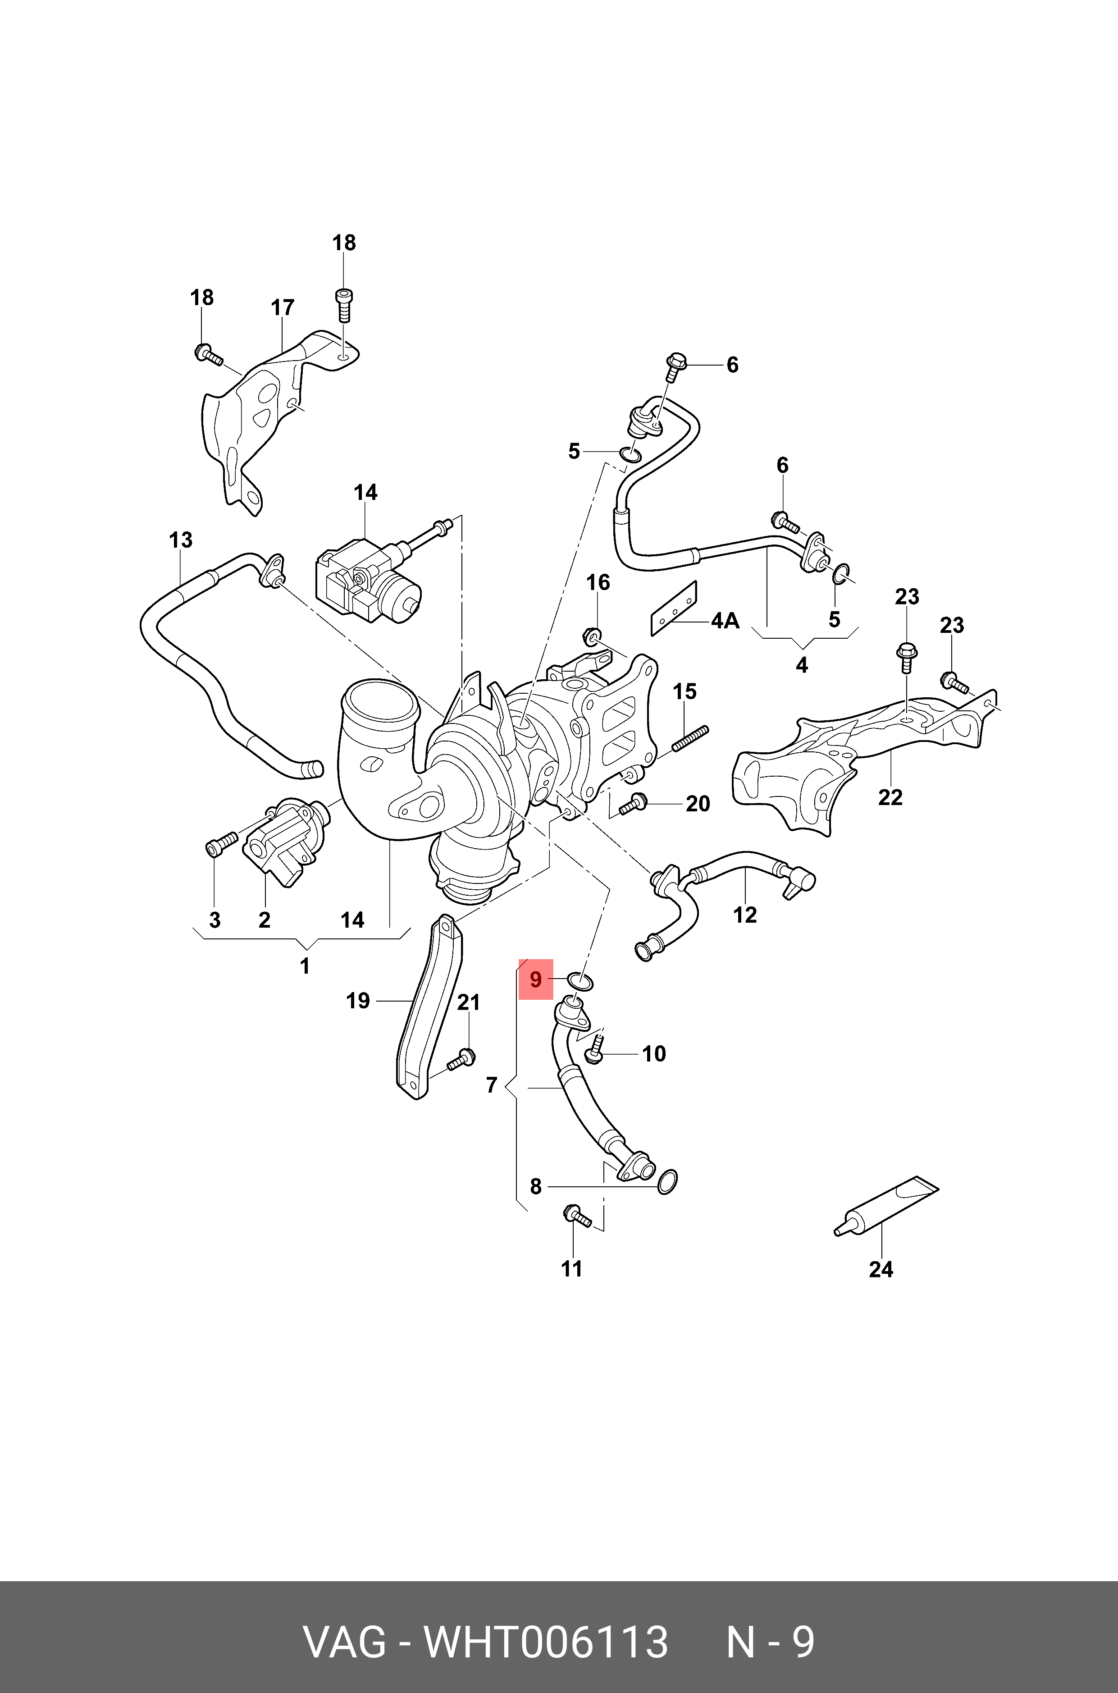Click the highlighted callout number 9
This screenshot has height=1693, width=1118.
point(535,980)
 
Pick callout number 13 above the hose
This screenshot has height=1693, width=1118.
point(180,540)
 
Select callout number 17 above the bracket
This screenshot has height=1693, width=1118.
point(283,307)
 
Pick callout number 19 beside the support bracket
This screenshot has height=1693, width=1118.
point(357,1001)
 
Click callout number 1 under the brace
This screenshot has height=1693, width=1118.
point(305,966)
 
